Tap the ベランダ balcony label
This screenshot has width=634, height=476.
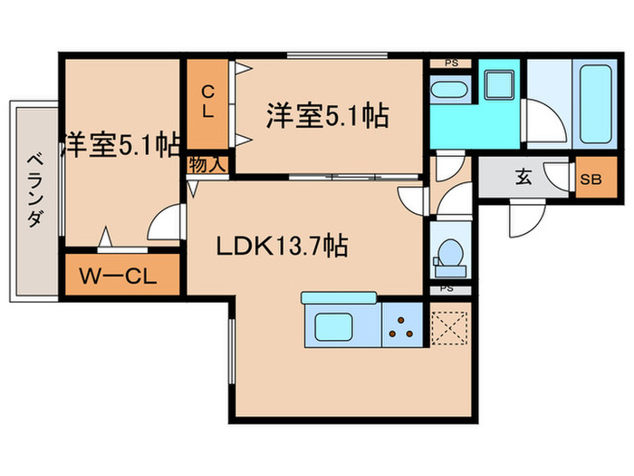tap(34, 189)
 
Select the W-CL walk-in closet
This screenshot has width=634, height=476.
tap(123, 274)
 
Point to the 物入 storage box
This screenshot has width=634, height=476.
tap(207, 165)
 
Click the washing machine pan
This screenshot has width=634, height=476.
tap(498, 85)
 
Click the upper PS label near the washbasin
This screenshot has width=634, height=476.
tap(450, 63)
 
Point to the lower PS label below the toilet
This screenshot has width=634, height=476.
tap(447, 290)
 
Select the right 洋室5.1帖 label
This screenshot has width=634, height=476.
tap(328, 116)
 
